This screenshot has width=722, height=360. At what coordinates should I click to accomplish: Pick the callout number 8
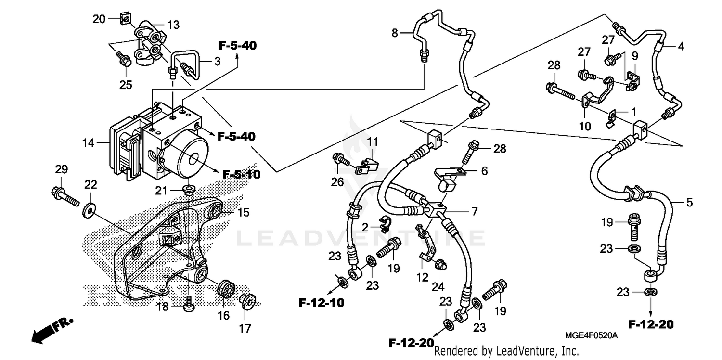[x=395, y=33]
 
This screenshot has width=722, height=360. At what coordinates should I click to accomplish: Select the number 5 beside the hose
[x=689, y=203]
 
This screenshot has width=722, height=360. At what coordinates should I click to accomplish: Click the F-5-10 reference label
[x=242, y=174]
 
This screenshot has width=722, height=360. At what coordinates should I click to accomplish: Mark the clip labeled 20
[x=125, y=19]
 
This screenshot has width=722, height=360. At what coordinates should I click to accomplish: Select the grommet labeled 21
[x=189, y=188]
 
